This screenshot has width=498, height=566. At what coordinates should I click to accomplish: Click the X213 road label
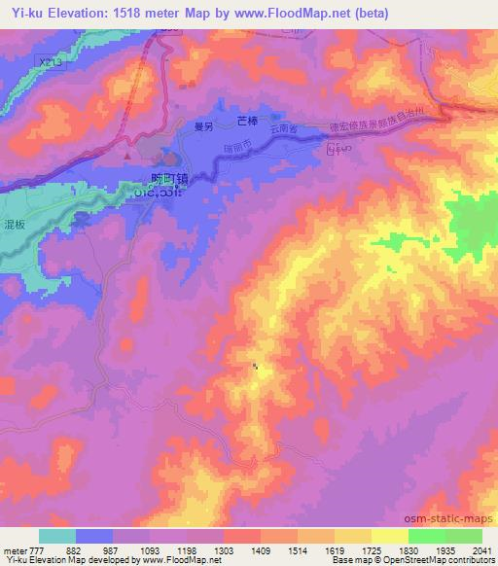tap(40, 61)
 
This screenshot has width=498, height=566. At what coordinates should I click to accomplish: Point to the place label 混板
tap(16, 223)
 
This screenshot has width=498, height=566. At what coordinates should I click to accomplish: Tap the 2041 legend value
tap(482, 550)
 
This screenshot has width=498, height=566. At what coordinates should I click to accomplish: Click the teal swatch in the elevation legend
tap(57, 536)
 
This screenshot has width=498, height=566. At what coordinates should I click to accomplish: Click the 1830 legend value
tap(408, 550)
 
